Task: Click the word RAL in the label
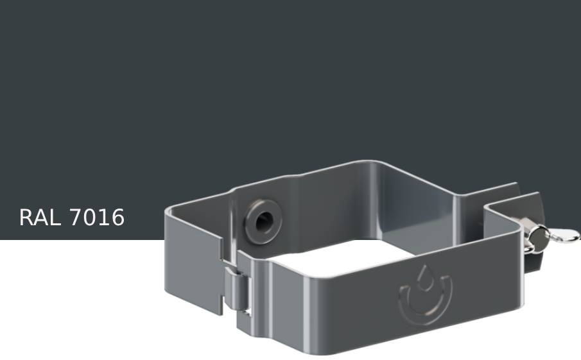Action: coord(40,218)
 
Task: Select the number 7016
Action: coord(96,218)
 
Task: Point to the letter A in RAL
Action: coord(40,218)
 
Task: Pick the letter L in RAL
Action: coord(55,218)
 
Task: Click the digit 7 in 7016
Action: coord(76,218)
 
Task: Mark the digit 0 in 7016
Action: coord(90,218)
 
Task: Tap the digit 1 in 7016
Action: coord(103,218)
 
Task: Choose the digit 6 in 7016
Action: coord(117,218)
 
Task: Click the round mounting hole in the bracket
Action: coord(263,222)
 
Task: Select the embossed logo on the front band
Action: coord(424,293)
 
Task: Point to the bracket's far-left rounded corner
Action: coord(168,215)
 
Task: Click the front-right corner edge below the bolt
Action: coord(520,282)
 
